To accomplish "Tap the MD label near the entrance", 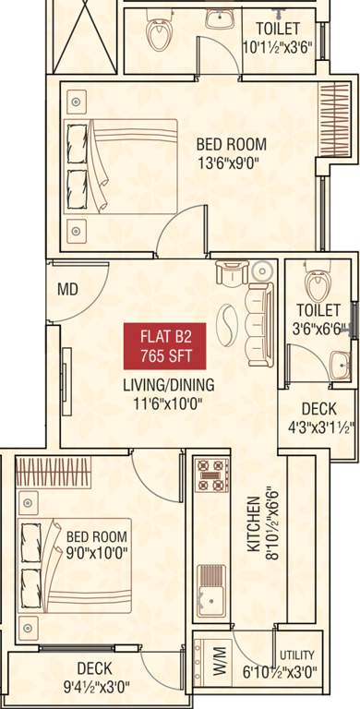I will coord(67,290).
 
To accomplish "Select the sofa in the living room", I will coord(257,316).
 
